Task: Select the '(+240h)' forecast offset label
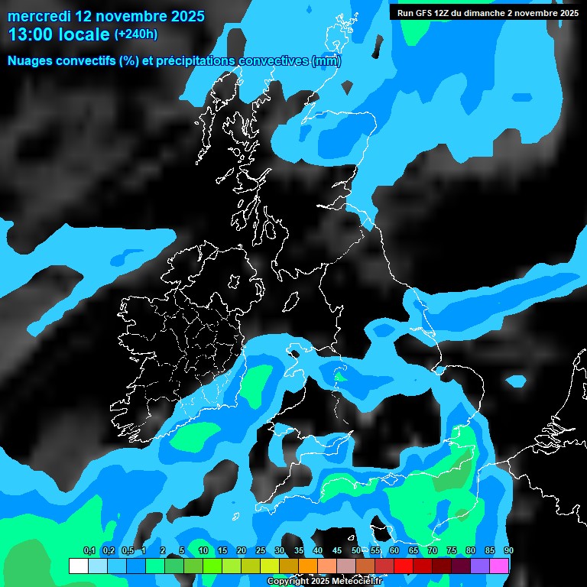click(x=136, y=34)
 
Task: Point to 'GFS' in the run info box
click(x=432, y=13)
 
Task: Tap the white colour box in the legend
click(x=78, y=566)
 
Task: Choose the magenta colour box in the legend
click(x=499, y=566)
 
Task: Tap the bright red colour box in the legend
click(x=404, y=566)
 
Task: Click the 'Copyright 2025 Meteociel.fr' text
click(x=324, y=582)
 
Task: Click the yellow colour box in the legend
click(x=270, y=566)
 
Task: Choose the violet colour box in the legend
click(x=480, y=566)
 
